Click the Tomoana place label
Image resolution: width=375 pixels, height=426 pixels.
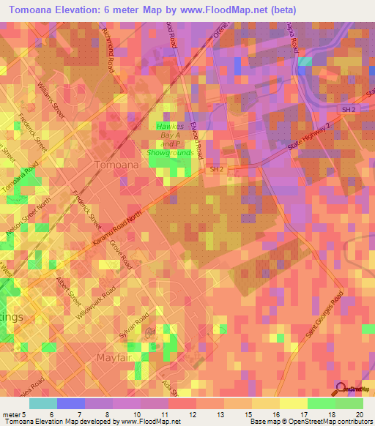(x=116, y=165)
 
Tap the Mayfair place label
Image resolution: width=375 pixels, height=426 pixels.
(x=116, y=357)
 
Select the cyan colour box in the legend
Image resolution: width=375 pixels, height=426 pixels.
(x=43, y=403)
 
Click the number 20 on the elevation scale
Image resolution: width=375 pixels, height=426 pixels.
(x=360, y=415)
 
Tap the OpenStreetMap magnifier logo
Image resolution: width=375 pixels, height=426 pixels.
(x=341, y=389)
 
